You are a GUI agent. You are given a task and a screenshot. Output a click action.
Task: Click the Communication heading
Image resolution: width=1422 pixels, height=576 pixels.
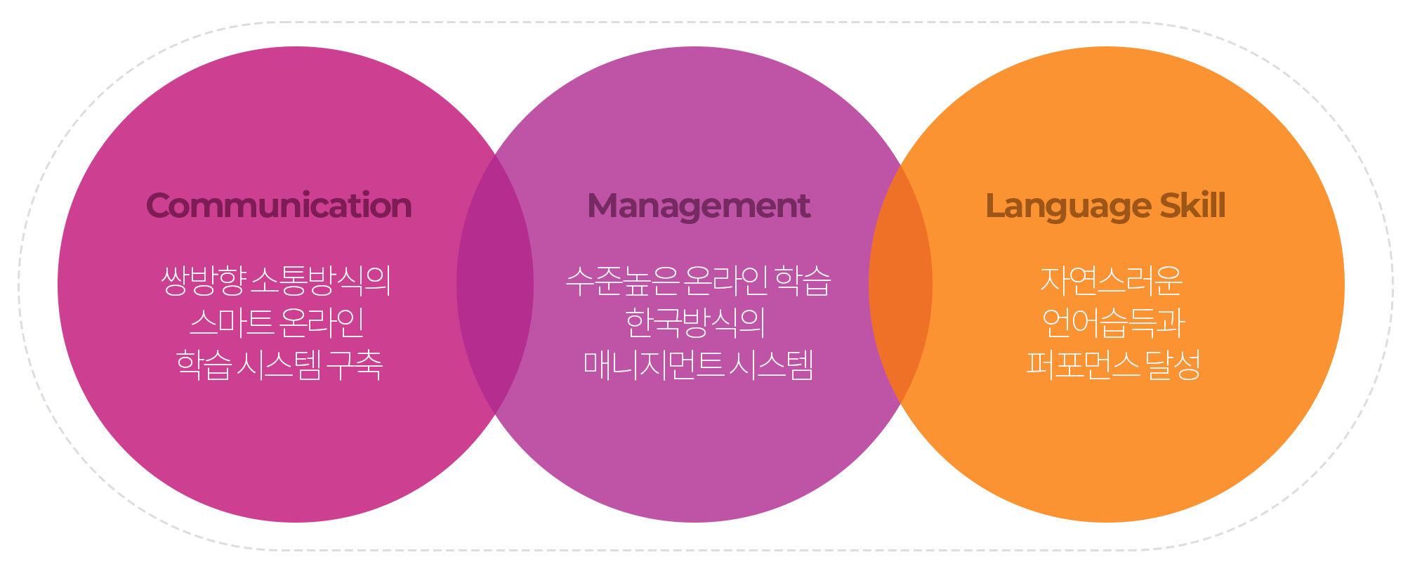(x=279, y=206)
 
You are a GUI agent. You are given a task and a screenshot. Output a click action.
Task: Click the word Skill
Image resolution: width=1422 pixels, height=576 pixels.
(x=1192, y=205)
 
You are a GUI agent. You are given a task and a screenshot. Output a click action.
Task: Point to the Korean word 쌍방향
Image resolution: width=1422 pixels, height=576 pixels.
(x=204, y=280)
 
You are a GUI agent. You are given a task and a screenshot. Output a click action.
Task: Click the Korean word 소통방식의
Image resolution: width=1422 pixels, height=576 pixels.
(x=321, y=280)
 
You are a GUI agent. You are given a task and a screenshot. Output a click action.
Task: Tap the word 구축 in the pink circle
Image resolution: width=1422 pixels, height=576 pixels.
(x=355, y=365)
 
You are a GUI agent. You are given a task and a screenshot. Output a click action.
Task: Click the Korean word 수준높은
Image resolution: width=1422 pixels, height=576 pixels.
(x=623, y=281)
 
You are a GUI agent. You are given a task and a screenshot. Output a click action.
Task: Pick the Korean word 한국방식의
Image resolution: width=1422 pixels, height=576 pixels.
(x=695, y=322)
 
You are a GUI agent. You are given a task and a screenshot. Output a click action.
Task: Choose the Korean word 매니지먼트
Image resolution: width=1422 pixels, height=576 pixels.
(x=654, y=365)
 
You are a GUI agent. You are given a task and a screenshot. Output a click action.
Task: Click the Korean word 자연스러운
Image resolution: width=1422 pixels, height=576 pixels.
(x=1112, y=280)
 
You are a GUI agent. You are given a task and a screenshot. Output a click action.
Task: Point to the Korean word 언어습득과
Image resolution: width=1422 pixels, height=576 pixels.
(x=1113, y=322)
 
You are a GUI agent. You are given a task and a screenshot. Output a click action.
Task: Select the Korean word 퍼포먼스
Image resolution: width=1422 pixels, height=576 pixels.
(x=1083, y=365)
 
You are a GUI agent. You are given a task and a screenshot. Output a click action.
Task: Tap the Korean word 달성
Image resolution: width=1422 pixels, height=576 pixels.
(x=1173, y=365)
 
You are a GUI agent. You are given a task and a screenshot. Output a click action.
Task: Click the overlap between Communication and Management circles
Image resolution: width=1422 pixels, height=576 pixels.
(x=495, y=284)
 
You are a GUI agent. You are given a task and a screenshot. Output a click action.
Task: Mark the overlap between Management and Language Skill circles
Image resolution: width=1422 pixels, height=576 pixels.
(x=901, y=284)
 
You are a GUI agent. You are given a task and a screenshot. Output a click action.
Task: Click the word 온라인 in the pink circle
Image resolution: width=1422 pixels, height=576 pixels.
(x=322, y=322)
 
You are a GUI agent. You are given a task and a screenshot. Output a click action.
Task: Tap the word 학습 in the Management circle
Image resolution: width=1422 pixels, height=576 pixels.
(x=803, y=281)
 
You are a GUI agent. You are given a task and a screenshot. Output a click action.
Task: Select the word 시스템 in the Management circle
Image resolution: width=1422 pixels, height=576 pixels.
(x=771, y=365)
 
